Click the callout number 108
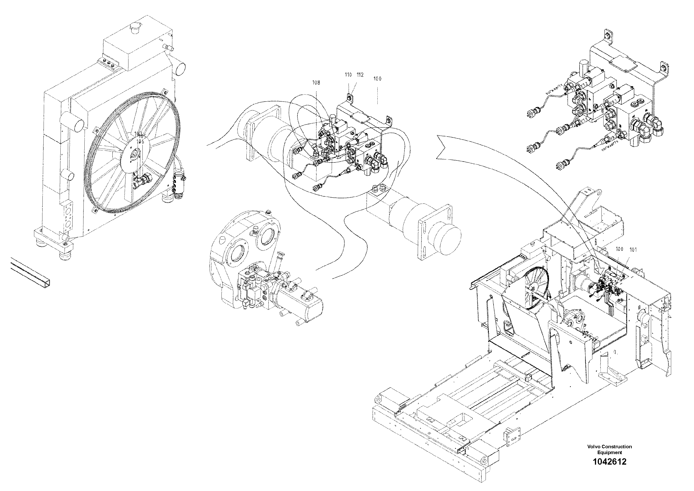[x=316, y=82]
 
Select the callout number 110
[x=348, y=75]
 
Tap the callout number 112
[x=360, y=75]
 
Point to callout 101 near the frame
[x=633, y=250]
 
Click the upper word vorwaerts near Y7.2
[x=554, y=89]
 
